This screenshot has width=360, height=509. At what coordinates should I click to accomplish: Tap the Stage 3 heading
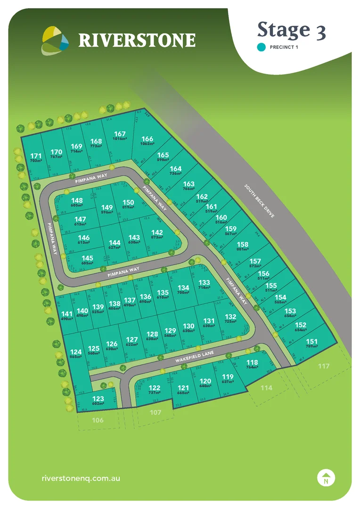[x=291, y=30]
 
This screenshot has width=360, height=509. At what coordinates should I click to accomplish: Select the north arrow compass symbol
[x=326, y=477]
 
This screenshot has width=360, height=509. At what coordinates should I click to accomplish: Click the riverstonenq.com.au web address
[x=81, y=477]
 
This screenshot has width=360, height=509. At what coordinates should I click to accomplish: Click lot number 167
[x=120, y=134]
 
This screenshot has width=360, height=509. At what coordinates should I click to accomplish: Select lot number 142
[x=157, y=232]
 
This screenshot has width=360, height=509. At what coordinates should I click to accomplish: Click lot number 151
[x=312, y=342]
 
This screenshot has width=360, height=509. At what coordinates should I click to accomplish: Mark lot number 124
[x=76, y=352]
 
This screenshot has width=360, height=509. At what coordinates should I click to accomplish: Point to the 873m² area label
[x=157, y=238]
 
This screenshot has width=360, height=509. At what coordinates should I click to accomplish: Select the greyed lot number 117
[x=323, y=366]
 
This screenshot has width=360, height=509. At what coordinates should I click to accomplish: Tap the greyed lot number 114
[x=266, y=387]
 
